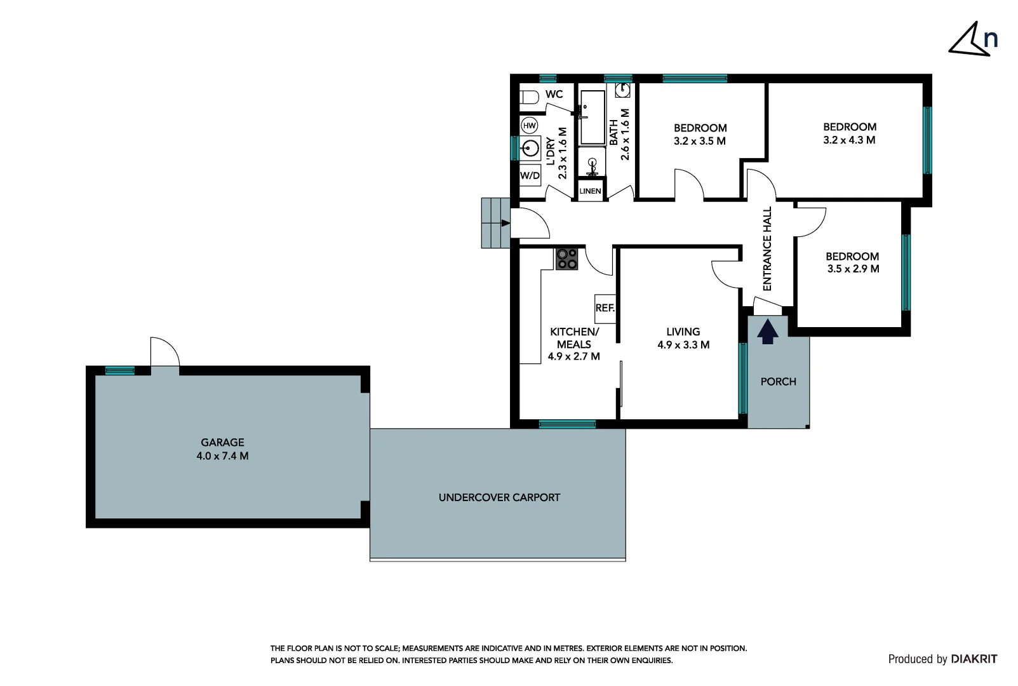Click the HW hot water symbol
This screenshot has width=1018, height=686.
529,126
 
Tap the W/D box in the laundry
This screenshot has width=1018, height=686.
530,175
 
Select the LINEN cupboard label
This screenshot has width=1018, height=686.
590,191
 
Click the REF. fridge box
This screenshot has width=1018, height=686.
605,308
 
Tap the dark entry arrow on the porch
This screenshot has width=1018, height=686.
768,332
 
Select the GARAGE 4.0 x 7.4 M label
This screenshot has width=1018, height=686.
222,449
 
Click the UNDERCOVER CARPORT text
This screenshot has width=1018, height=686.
499,497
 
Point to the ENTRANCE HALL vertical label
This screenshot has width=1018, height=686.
767,248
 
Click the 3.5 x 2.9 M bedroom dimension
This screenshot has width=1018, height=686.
853,269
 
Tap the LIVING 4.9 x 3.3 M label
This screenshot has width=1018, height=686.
683,339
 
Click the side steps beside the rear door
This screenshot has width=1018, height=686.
495,223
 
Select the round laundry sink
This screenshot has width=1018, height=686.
530,149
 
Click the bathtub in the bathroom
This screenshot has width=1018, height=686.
593,117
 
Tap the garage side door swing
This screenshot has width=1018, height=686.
164,352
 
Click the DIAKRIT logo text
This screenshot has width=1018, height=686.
974,659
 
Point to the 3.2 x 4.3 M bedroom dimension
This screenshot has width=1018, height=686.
849,140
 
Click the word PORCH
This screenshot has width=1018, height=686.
778,382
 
